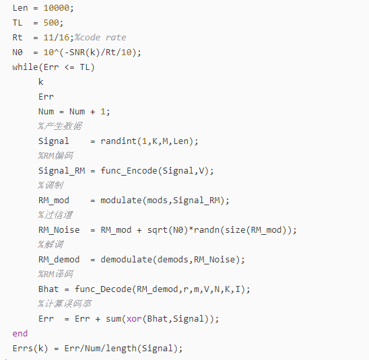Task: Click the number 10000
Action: point(57,8)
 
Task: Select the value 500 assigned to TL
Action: point(51,23)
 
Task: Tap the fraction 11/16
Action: point(57,38)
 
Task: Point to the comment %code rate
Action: point(100,38)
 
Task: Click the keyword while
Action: point(25,67)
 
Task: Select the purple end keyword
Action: point(20,334)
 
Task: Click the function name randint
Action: point(119,141)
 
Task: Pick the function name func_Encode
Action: point(129,171)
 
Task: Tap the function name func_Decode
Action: point(103,289)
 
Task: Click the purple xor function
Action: point(134,319)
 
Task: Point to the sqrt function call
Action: point(158,230)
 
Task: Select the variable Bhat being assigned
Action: point(48,289)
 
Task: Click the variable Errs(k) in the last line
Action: point(30,349)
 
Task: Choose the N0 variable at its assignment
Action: point(18,52)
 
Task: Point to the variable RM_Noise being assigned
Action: point(59,230)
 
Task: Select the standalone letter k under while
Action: point(41,82)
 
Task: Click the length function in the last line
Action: point(121,349)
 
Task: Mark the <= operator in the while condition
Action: point(69,67)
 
